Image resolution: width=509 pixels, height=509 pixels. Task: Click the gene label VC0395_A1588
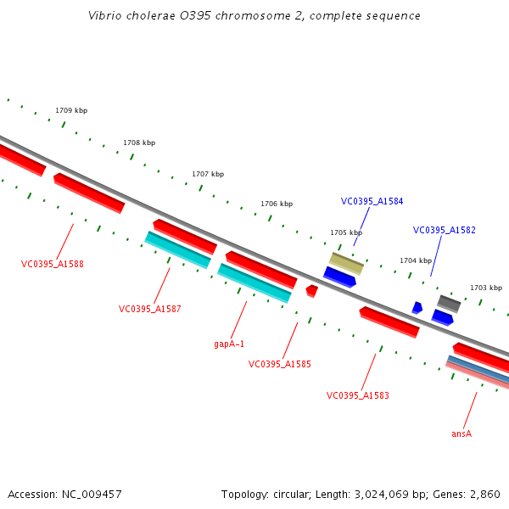point(53,264)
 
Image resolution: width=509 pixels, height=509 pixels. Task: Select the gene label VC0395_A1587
point(149,309)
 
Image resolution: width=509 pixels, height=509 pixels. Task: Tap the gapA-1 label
point(229,344)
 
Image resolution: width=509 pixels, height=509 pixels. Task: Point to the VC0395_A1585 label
point(279,364)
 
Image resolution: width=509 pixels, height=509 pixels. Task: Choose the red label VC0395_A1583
point(357,395)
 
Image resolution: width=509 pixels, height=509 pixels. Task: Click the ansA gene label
point(461,433)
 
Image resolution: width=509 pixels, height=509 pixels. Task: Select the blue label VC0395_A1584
point(372,202)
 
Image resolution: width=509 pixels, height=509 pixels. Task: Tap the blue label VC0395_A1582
point(444,230)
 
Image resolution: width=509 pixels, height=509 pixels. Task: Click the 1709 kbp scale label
point(71,110)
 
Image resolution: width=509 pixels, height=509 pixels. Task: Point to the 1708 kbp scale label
point(139,143)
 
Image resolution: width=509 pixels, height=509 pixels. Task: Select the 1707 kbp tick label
point(208,174)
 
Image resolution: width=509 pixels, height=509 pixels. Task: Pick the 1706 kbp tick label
point(277,204)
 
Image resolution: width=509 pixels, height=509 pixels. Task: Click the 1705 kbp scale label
point(346,232)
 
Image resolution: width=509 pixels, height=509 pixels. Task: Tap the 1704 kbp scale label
point(416,260)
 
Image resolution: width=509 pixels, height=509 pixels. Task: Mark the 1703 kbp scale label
point(486,288)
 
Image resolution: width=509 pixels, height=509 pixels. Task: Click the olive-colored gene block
point(346,263)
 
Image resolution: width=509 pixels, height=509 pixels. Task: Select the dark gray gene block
point(449,303)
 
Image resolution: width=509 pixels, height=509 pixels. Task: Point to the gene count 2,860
point(484,494)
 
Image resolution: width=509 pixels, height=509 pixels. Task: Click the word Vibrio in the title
point(105,16)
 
